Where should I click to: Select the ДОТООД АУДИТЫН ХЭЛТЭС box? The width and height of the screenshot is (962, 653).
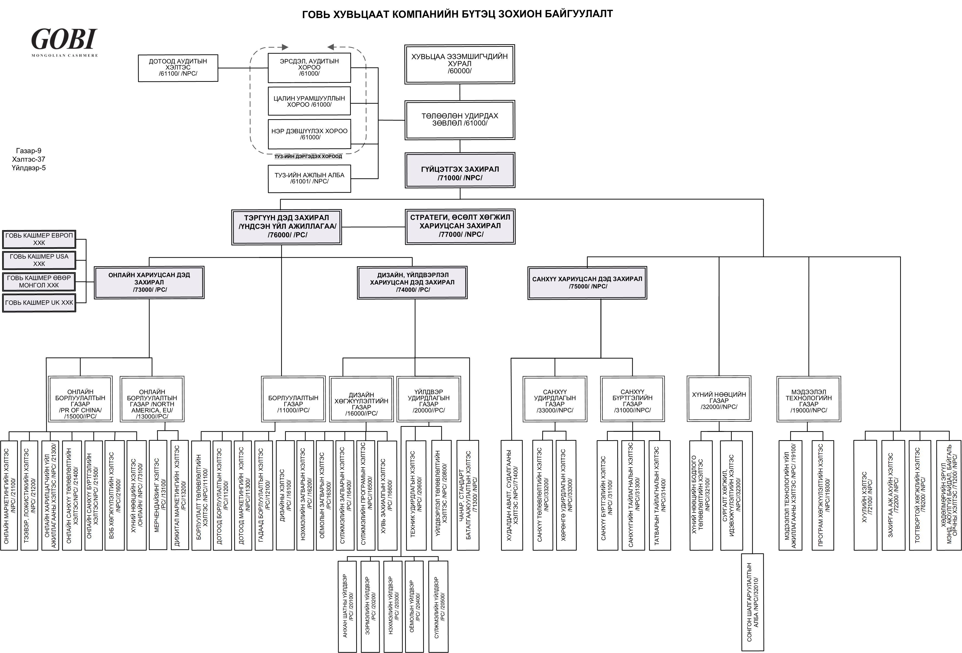coord(178,68)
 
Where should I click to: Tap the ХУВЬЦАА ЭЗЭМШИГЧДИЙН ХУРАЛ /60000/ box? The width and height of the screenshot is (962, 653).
coord(459,64)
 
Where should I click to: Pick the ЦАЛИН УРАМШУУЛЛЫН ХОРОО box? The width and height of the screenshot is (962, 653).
coord(309,101)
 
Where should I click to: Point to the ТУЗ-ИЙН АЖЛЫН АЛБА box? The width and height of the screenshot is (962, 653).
coord(309,178)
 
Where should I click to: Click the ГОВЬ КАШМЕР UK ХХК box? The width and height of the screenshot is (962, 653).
coord(39,303)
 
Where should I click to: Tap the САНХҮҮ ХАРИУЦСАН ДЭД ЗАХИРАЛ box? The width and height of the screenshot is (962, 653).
coord(587,283)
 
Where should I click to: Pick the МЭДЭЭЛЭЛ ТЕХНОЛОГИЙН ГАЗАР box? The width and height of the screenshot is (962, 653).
coord(808,399)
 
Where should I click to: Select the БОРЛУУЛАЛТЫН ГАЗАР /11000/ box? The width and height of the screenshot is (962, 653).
coord(293,399)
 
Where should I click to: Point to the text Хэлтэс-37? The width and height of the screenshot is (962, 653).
coord(29,159)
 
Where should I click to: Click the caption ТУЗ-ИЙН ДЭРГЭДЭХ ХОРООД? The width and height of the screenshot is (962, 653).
coord(308,156)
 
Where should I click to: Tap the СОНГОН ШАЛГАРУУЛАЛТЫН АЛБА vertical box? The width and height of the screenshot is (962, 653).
coord(752,602)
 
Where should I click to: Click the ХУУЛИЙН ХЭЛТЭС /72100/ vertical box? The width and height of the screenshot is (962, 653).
coord(865,495)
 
